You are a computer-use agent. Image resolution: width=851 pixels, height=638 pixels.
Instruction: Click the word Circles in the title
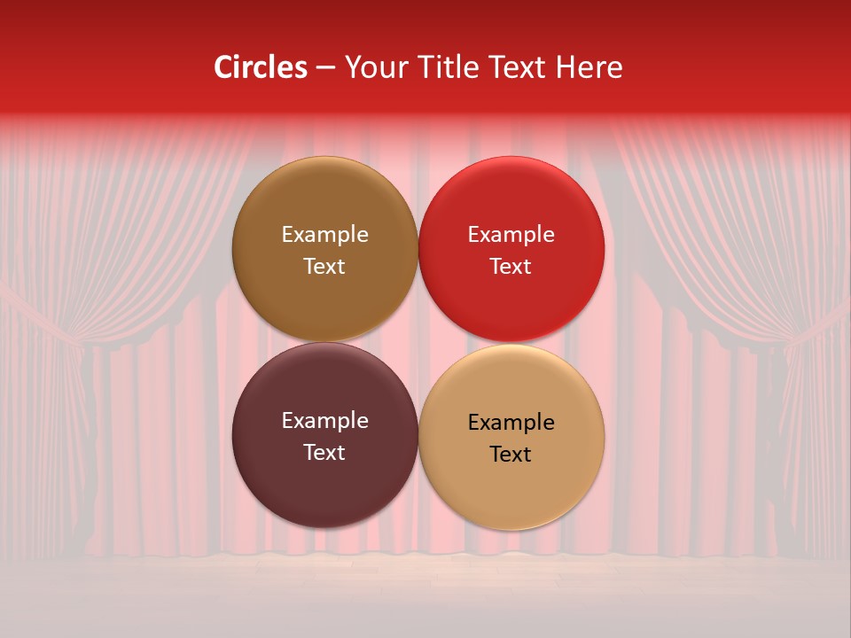(261, 67)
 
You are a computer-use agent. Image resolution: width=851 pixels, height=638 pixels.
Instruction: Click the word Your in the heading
(374, 67)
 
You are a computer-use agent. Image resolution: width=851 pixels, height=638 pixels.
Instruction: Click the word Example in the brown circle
(324, 235)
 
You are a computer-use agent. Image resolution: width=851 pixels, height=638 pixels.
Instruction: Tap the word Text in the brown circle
(324, 267)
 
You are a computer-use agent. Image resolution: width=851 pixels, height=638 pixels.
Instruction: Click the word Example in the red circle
(511, 235)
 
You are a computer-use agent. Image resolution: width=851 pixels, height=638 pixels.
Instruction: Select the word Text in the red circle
(511, 267)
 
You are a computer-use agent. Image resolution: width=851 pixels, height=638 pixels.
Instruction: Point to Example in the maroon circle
(324, 421)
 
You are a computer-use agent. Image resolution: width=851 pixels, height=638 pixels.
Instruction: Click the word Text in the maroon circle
(324, 453)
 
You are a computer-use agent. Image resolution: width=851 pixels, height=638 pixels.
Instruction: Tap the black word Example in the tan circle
(511, 423)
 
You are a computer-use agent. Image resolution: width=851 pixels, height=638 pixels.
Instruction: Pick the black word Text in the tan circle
(511, 455)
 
